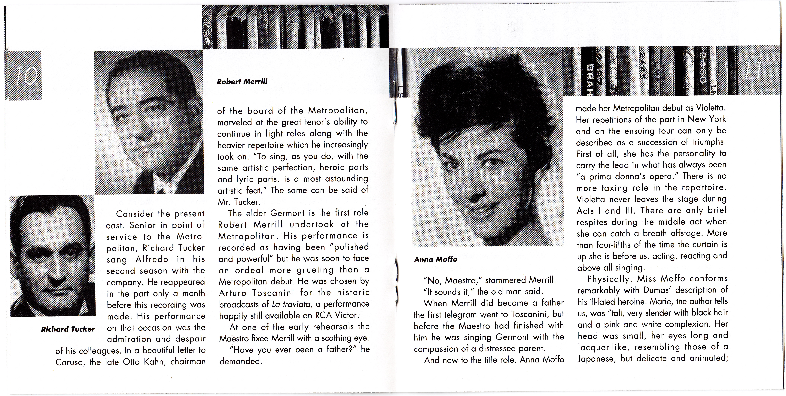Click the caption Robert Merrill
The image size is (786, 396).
[x=242, y=82]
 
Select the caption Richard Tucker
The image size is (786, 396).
[x=68, y=329]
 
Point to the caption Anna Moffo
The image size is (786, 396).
[x=435, y=259]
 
